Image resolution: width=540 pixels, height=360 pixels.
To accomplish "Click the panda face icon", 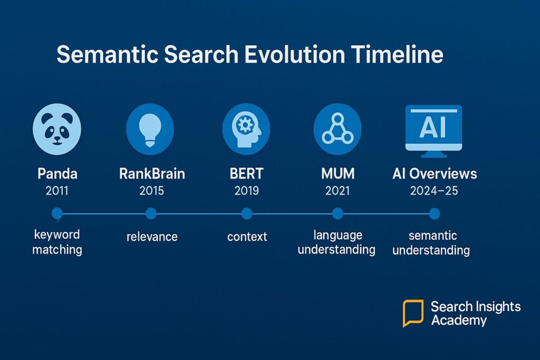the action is (57, 129).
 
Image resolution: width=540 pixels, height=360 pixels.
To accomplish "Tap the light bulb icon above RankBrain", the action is (150, 129).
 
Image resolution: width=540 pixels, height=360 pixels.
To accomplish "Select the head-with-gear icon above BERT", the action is (246, 129).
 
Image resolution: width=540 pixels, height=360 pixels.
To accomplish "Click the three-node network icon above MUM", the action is (337, 129).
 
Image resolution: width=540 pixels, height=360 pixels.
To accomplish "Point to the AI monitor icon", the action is (434, 131).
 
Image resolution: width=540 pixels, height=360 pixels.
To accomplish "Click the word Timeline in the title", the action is (397, 54).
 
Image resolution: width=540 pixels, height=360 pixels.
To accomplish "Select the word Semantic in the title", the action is (107, 54).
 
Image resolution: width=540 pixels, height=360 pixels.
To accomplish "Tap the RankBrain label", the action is (152, 173).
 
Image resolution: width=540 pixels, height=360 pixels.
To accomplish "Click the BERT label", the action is (247, 173).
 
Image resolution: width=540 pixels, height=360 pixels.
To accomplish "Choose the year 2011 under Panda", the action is (57, 191).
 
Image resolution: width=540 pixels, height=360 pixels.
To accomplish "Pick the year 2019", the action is (247, 191).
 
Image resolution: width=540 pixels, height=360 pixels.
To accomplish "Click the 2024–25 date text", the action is (434, 191).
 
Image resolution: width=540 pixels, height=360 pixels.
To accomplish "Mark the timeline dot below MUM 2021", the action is (338, 213).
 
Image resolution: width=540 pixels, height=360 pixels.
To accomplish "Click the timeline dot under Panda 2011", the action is (57, 213).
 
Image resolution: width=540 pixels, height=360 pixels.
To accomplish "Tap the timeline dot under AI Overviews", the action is (435, 213).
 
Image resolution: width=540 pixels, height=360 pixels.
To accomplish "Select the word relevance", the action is (152, 237).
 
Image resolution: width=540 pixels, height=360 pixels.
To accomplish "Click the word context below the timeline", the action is (247, 237).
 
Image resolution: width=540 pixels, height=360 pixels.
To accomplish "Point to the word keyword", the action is (57, 235).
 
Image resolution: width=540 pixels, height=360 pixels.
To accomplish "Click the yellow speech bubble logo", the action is (413, 313).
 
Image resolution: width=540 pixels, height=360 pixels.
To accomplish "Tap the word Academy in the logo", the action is (459, 320).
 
